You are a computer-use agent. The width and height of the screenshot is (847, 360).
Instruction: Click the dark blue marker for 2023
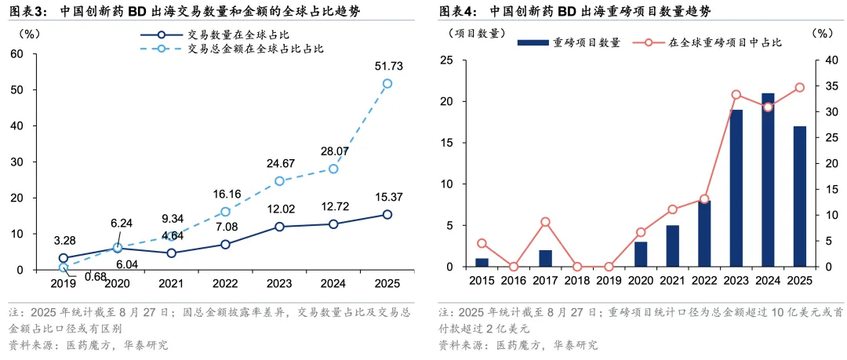(279, 227)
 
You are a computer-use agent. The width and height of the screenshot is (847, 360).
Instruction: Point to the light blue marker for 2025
(387, 83)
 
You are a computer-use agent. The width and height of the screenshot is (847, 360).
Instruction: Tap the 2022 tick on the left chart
(225, 282)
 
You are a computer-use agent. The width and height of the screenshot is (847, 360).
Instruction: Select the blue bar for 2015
(482, 263)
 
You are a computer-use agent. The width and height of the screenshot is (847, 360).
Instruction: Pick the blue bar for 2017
(545, 259)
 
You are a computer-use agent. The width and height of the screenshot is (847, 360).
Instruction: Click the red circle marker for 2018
(577, 267)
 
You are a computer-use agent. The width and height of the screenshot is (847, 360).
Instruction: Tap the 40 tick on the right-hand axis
(821, 60)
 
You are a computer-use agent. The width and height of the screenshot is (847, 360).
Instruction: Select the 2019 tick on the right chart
(609, 280)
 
